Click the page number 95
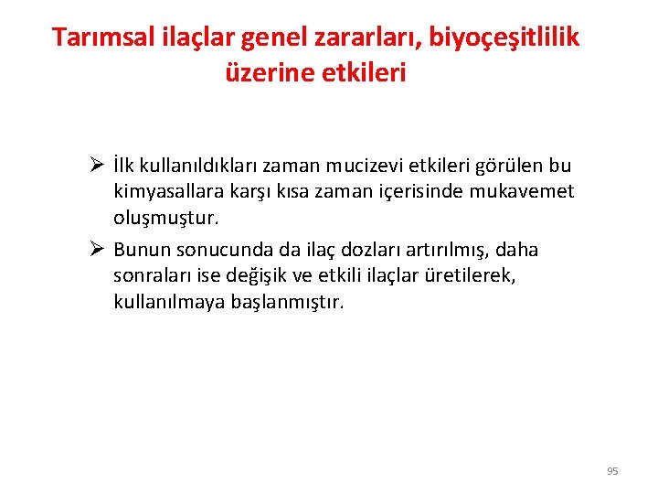pos(612,471)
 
